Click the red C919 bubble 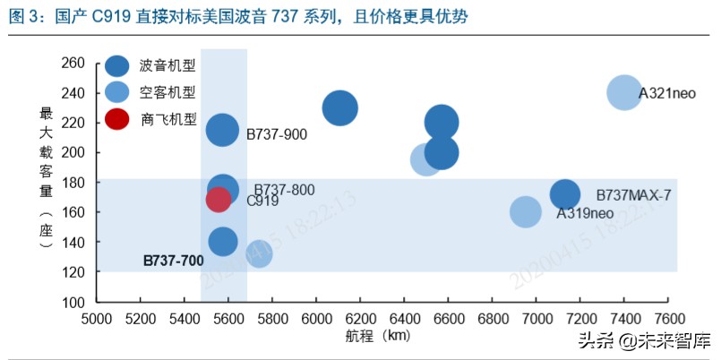pyautogui.click(x=219, y=199)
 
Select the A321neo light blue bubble pyautogui.click(x=624, y=92)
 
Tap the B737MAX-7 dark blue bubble pyautogui.click(x=564, y=193)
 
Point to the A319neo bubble pyautogui.click(x=526, y=211)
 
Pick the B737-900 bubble pyautogui.click(x=222, y=130)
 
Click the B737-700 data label pyautogui.click(x=174, y=261)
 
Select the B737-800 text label pyautogui.click(x=284, y=190)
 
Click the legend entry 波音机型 pyautogui.click(x=167, y=65)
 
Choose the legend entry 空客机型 pyautogui.click(x=167, y=92)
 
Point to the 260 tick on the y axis pyautogui.click(x=73, y=63)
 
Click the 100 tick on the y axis pyautogui.click(x=73, y=302)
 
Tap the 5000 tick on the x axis pyautogui.click(x=97, y=319)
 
